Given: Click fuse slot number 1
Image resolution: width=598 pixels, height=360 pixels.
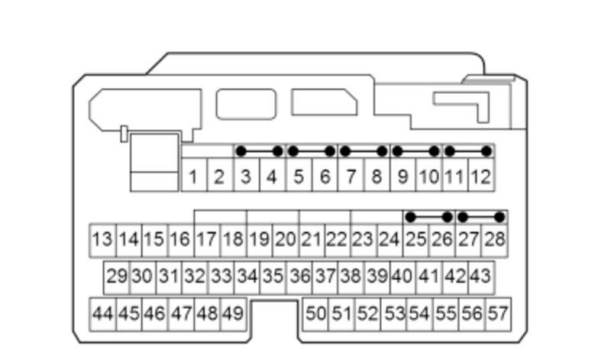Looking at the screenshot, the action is pos(194,174).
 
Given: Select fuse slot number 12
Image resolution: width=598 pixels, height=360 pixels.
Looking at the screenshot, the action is pos(481,174).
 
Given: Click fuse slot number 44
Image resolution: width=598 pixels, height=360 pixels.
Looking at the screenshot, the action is pos(102,314).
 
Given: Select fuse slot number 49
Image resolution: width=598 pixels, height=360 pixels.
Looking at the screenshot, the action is pos(233,314).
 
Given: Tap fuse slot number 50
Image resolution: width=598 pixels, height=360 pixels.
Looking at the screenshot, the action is pos(315,314).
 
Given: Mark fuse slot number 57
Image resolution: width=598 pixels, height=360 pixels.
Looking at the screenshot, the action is pos(498,314).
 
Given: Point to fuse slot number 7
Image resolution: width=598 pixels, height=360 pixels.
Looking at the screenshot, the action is pos(351,174).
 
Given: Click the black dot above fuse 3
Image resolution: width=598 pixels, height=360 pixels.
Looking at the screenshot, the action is pos(241,151).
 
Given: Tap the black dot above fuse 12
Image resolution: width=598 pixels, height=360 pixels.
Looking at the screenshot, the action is pos(486,151).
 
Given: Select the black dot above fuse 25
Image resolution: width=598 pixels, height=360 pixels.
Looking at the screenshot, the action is pos(410,217).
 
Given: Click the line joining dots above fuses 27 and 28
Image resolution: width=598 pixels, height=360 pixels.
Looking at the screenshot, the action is pos(481,217).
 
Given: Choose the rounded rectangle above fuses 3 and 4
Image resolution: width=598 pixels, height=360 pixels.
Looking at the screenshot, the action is pos(246,104).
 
